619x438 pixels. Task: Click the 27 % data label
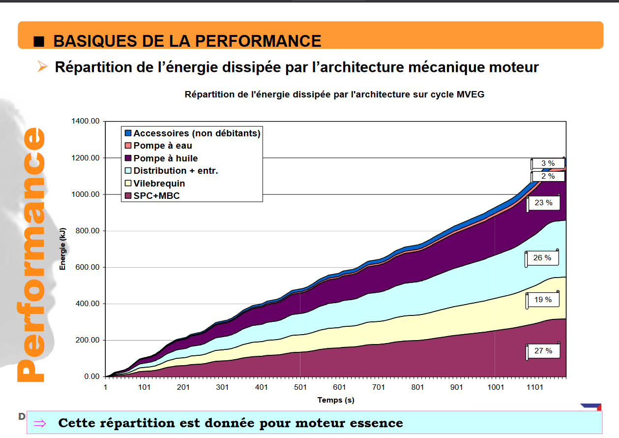(x=543, y=351)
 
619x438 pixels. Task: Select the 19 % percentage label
(x=543, y=300)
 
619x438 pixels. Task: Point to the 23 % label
(x=543, y=202)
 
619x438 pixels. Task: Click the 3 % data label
(x=548, y=163)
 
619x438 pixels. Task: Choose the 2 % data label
(x=548, y=176)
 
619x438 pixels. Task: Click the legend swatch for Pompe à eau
(x=128, y=146)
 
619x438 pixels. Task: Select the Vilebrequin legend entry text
(x=159, y=184)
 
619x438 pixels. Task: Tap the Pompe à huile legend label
(x=165, y=158)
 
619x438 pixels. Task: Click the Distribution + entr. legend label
(x=176, y=171)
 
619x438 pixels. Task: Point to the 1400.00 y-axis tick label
(x=86, y=121)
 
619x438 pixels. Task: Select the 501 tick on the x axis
(x=300, y=387)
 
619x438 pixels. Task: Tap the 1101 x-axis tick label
(x=535, y=387)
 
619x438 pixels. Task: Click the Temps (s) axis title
(x=336, y=400)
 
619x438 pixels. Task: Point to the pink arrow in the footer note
(x=39, y=423)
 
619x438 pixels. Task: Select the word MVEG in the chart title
(x=471, y=94)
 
